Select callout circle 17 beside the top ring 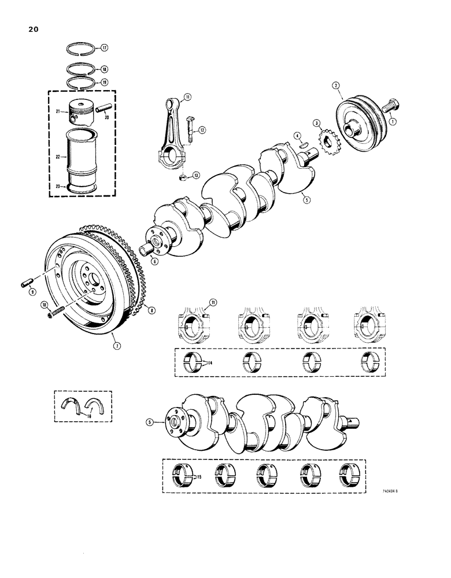tap(105, 48)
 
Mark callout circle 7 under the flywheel tap(116, 346)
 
